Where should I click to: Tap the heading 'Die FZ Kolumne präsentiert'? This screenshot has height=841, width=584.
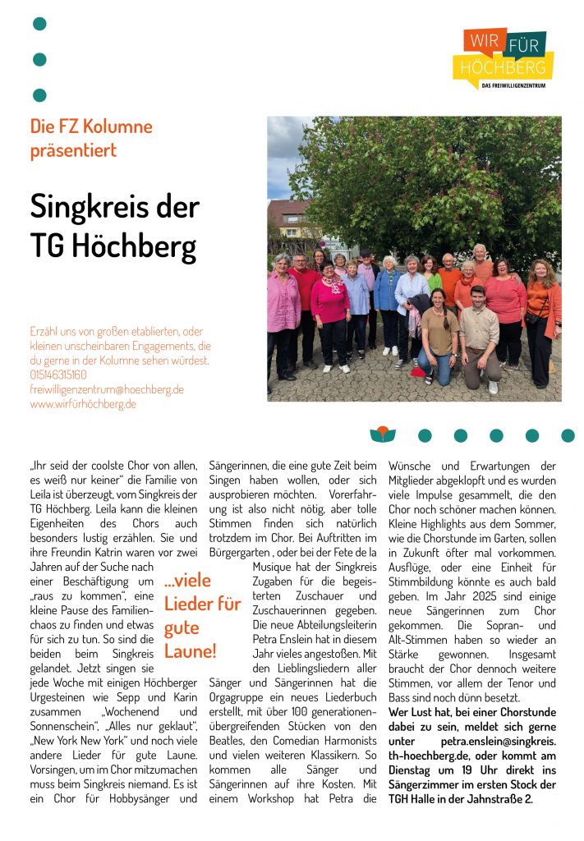click(91, 138)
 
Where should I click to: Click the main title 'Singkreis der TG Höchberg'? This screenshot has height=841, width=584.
click(114, 224)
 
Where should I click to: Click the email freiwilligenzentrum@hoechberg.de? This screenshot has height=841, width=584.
click(107, 389)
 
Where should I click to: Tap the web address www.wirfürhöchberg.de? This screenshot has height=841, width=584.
click(83, 404)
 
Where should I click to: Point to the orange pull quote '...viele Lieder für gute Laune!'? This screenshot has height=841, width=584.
click(202, 616)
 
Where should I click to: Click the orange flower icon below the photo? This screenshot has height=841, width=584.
click(382, 435)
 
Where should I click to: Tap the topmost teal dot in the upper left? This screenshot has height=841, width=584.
click(39, 24)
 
